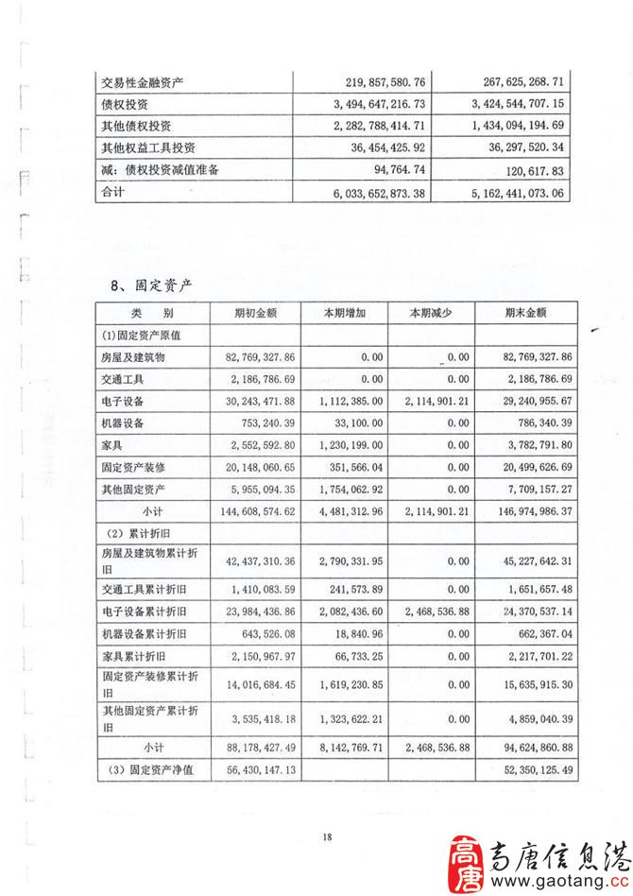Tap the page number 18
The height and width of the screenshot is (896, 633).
point(327,836)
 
